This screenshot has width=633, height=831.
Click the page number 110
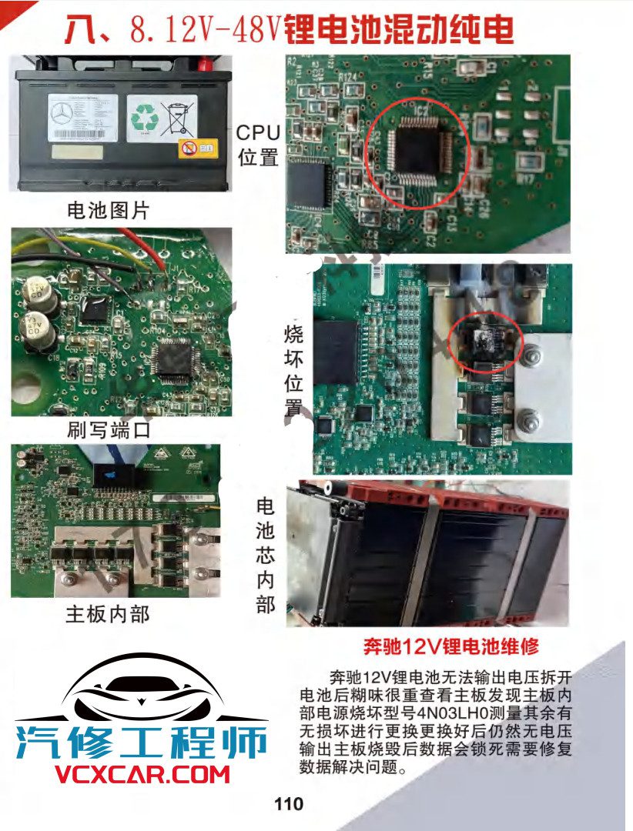click(289, 805)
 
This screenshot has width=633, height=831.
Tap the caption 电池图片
click(108, 209)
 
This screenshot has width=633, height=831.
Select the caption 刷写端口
click(108, 430)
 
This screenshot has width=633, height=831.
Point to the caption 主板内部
click(108, 613)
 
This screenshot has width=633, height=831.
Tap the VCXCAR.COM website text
click(142, 774)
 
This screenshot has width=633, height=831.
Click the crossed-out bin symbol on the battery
click(178, 117)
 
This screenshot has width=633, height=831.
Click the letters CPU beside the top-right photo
click(258, 132)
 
